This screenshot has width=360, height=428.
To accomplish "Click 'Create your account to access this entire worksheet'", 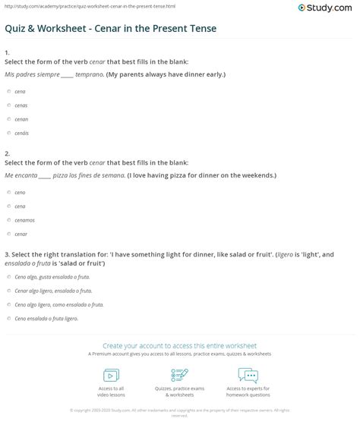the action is click(180, 345).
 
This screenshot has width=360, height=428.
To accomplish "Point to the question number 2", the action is click(6, 153).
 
